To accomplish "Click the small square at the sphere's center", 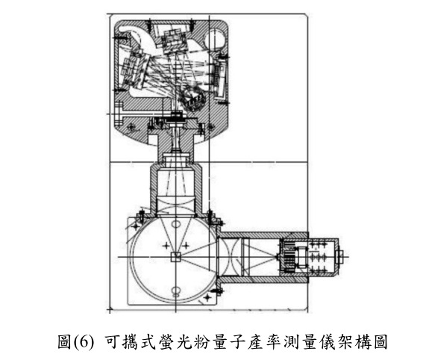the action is pyautogui.click(x=175, y=257).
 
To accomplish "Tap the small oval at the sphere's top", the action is pyautogui.click(x=176, y=224).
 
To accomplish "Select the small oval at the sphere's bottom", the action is pyautogui.click(x=175, y=290).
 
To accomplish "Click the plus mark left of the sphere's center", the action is pyautogui.click(x=166, y=246).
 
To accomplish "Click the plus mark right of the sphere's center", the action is pyautogui.click(x=186, y=246).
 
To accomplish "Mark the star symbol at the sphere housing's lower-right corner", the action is pyautogui.click(x=207, y=297).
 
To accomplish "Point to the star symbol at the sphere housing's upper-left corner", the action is pyautogui.click(x=136, y=226).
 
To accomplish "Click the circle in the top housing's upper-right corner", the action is pyautogui.click(x=216, y=38).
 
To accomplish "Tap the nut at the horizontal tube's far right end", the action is pyautogui.click(x=342, y=257).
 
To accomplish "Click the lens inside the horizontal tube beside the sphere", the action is pyautogui.click(x=229, y=257).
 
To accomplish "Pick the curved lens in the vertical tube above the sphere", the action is pyautogui.click(x=175, y=206).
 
